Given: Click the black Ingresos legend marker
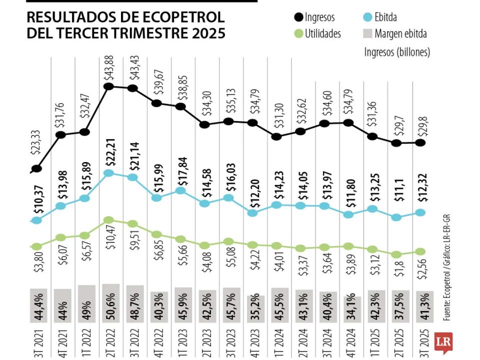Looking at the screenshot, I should tap(298, 18).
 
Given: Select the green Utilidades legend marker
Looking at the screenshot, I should tap(298, 34).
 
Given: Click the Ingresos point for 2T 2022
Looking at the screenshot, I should tap(109, 86).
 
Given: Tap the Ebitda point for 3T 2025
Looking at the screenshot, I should tap(420, 212).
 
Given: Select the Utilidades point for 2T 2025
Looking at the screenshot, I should tap(396, 254).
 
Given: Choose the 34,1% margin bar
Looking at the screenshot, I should tap(352, 302).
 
